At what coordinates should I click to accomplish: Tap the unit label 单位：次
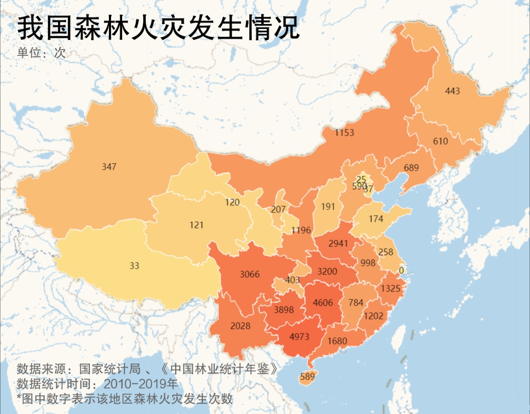(x=42, y=53)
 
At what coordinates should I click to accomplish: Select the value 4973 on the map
(x=300, y=337)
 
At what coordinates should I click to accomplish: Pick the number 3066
(x=249, y=274)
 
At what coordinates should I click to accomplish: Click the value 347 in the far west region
(x=109, y=167)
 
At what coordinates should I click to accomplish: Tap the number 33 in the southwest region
(x=134, y=266)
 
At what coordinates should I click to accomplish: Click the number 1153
(x=344, y=133)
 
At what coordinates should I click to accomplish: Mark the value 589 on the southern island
(x=307, y=377)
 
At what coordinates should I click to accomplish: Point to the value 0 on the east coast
(x=401, y=270)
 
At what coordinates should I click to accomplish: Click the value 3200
(x=327, y=271)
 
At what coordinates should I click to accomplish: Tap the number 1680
(x=337, y=341)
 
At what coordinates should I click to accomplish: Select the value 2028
(x=240, y=326)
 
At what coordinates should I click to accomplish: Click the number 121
(x=196, y=225)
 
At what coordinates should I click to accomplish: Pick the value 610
(x=440, y=142)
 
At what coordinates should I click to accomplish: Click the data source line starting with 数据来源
(x=150, y=368)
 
